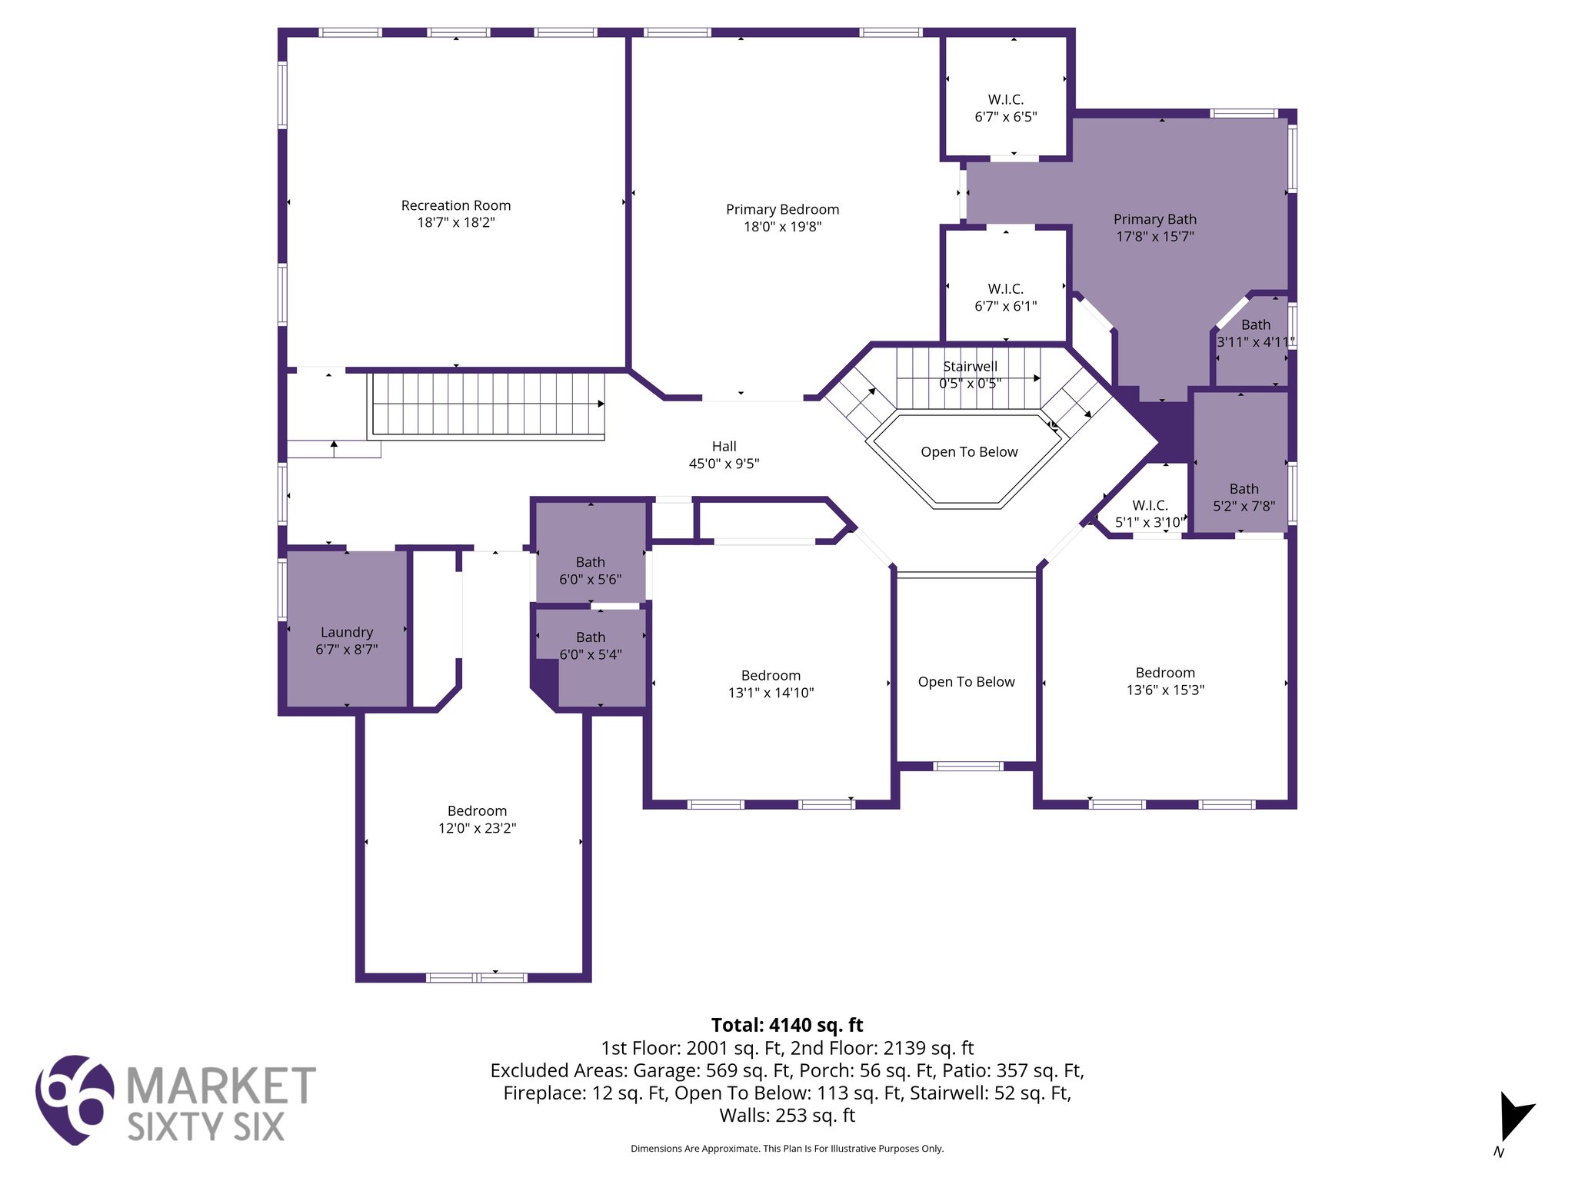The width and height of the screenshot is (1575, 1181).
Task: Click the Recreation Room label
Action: pyautogui.click(x=455, y=205)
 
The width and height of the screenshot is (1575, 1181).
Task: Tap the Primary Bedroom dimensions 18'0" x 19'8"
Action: pyautogui.click(x=782, y=227)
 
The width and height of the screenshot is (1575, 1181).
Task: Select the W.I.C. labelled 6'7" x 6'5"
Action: pyautogui.click(x=1005, y=108)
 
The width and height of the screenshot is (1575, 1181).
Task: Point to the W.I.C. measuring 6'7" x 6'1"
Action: pyautogui.click(x=1005, y=298)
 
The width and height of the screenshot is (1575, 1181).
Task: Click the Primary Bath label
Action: pyautogui.click(x=1154, y=219)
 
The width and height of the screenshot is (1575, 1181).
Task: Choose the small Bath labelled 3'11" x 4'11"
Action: pyautogui.click(x=1255, y=333)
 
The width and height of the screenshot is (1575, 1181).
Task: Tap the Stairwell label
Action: pyautogui.click(x=970, y=367)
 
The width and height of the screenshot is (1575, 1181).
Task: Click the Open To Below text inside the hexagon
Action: pyautogui.click(x=969, y=452)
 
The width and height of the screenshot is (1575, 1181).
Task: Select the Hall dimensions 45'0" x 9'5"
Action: pyautogui.click(x=724, y=464)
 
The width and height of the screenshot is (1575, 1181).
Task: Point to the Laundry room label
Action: pyautogui.click(x=346, y=632)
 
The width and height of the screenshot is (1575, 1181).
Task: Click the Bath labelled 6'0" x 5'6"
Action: pyautogui.click(x=590, y=571)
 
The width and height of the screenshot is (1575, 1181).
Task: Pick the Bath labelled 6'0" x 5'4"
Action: pyautogui.click(x=590, y=646)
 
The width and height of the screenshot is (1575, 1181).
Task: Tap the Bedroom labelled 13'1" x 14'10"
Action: pyautogui.click(x=771, y=684)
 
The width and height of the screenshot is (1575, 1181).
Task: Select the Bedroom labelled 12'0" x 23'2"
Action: pyautogui.click(x=477, y=820)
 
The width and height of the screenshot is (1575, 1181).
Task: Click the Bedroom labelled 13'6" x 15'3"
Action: pyautogui.click(x=1164, y=681)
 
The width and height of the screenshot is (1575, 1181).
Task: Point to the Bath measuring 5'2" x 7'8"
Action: pyautogui.click(x=1244, y=497)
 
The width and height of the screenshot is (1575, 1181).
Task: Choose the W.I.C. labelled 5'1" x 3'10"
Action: pyautogui.click(x=1150, y=514)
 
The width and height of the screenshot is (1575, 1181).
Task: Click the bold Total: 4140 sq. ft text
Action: pyautogui.click(x=787, y=1025)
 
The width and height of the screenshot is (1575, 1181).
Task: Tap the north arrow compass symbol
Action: pyautogui.click(x=1513, y=1119)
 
